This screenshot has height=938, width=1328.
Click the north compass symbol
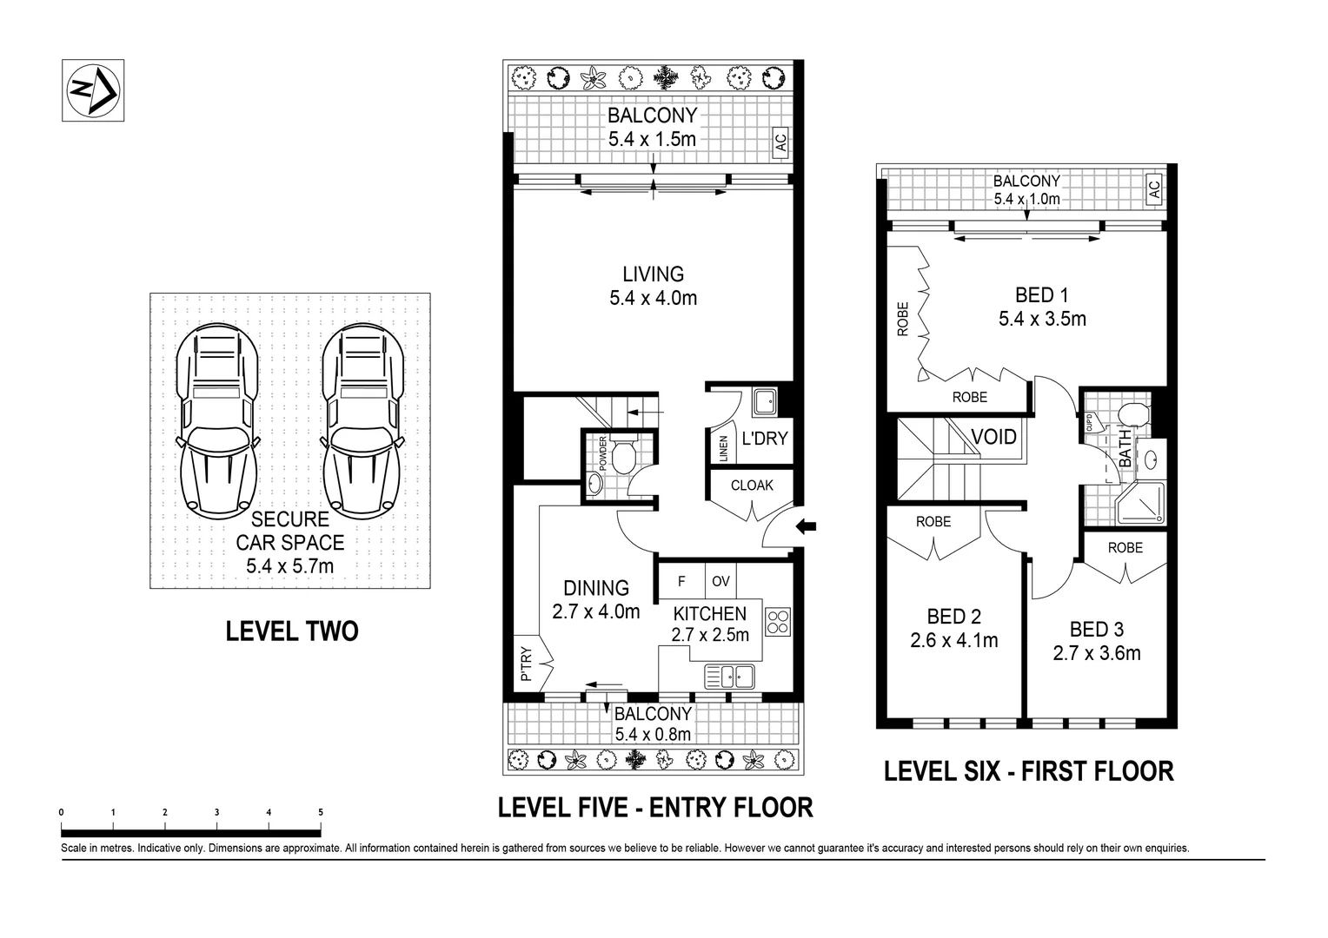click(x=93, y=89)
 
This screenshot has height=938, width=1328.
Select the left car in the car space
click(x=217, y=419)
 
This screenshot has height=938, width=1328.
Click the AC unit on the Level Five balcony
click(x=780, y=142)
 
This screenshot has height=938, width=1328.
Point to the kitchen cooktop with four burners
click(x=778, y=621)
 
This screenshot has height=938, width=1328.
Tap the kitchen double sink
click(x=729, y=675)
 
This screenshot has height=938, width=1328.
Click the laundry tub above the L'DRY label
click(x=765, y=402)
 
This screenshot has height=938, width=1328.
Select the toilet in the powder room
click(x=623, y=454)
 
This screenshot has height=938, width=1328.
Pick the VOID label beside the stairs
click(x=993, y=437)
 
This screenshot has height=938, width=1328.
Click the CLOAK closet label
click(x=751, y=486)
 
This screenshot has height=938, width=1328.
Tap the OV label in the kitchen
click(x=721, y=581)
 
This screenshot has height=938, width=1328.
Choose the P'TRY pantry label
click(x=525, y=664)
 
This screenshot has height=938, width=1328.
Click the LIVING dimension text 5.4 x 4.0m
click(x=653, y=299)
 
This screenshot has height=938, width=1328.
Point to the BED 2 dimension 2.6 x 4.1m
click(x=953, y=641)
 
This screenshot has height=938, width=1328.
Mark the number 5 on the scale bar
click(x=321, y=812)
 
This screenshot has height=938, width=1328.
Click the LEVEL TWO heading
click(x=291, y=631)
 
